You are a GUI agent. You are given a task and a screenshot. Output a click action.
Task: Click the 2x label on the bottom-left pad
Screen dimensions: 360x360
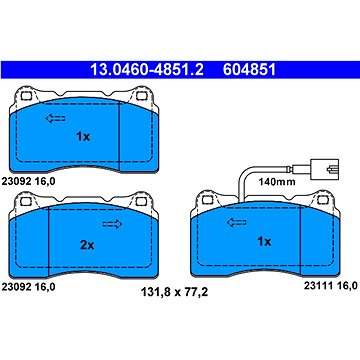(87, 243)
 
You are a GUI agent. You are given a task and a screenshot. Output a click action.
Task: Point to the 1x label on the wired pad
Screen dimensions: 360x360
(263, 241)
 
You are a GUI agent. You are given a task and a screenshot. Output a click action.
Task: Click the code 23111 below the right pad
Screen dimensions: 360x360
(305, 286)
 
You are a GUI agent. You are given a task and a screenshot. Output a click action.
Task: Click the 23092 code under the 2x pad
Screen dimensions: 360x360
(22, 286)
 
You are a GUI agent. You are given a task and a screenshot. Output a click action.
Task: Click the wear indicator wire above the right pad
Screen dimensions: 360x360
(245, 180)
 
